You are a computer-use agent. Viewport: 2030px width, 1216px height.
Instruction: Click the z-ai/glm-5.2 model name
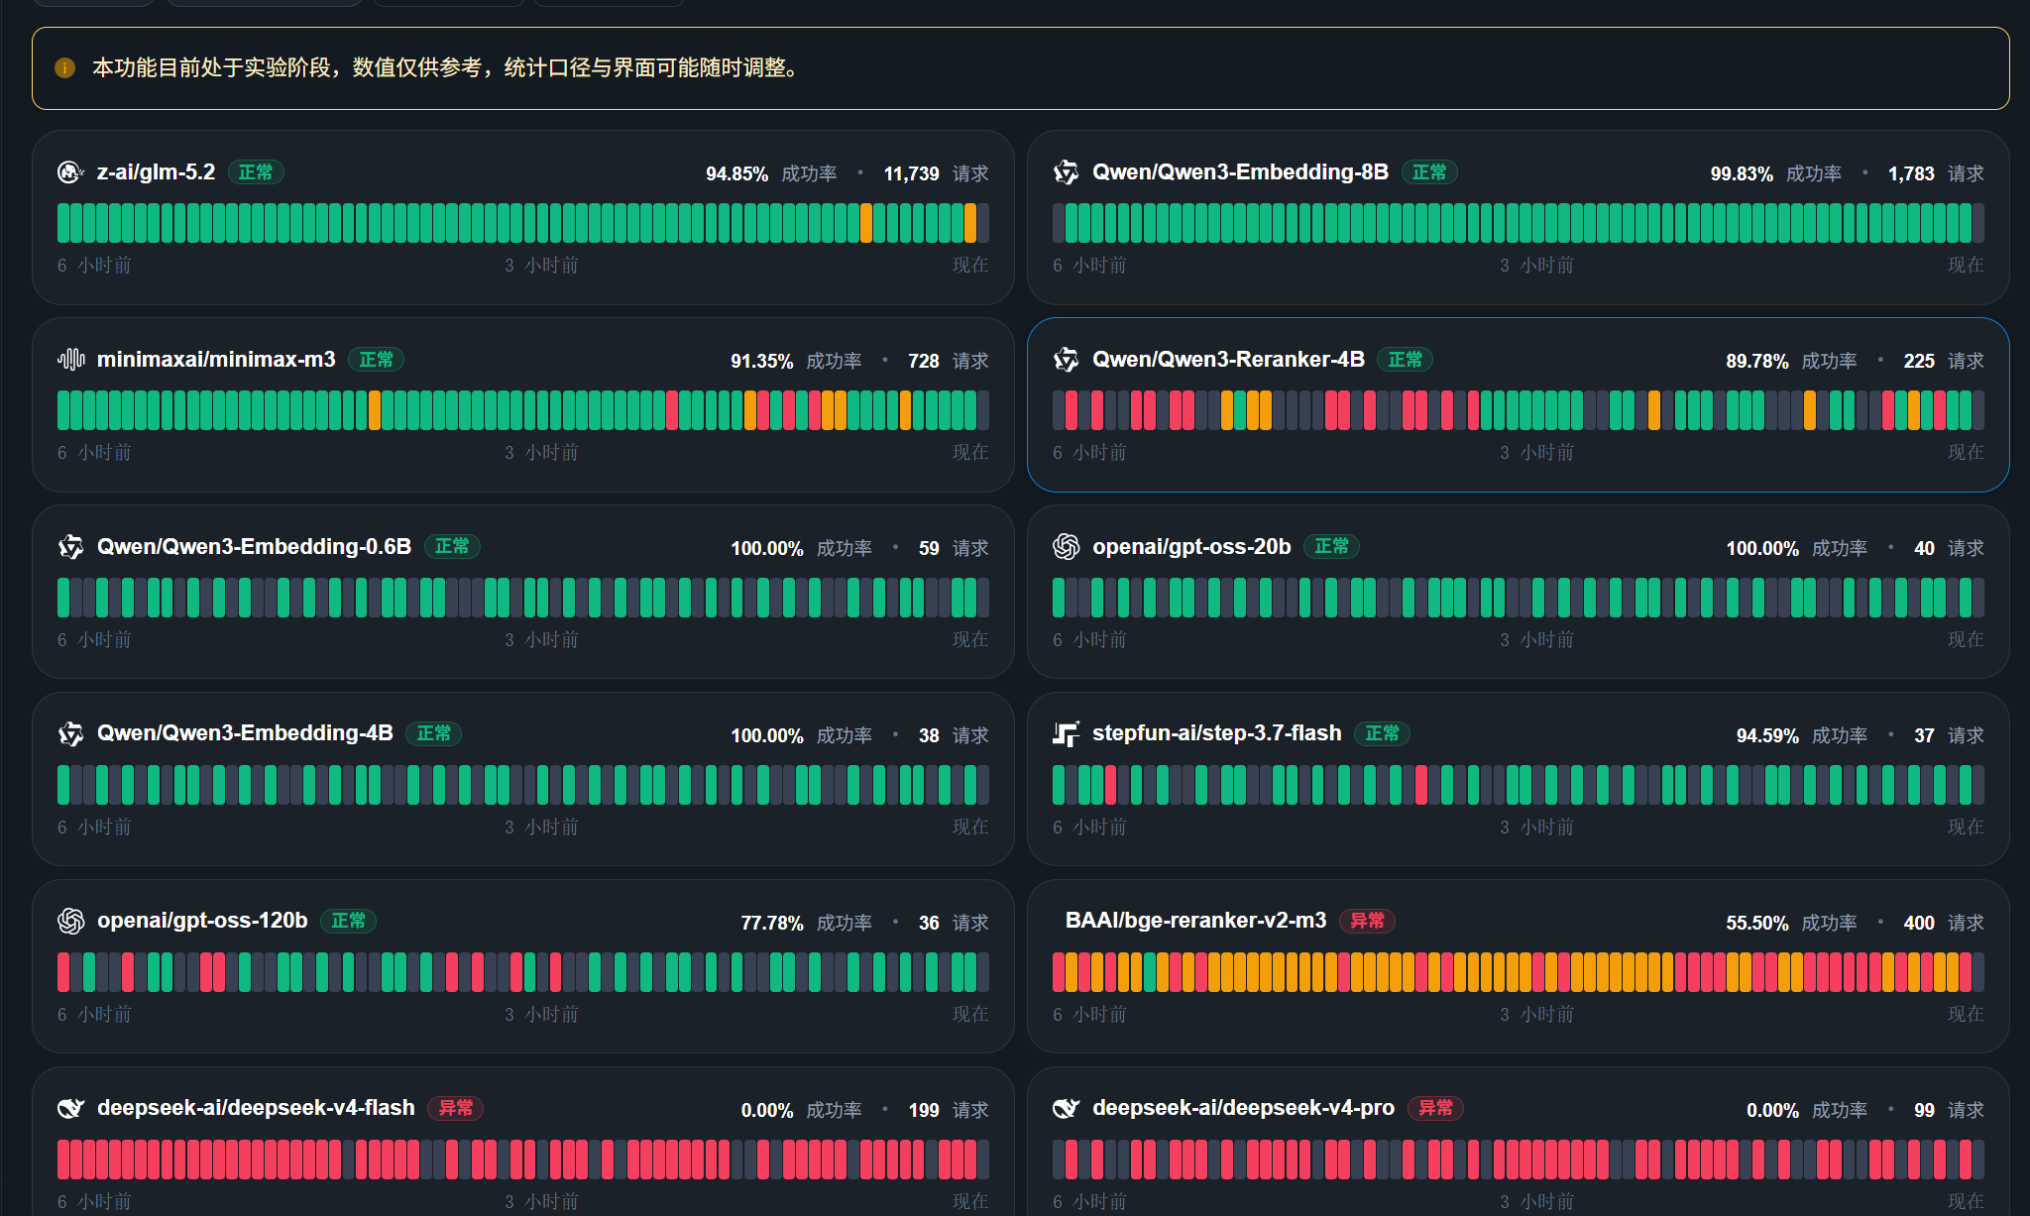tap(156, 172)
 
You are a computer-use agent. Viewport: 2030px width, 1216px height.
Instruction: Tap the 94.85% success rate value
tap(736, 173)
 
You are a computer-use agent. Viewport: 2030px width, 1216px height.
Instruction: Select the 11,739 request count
tap(911, 173)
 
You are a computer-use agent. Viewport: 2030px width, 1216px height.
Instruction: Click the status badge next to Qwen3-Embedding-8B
tap(1428, 172)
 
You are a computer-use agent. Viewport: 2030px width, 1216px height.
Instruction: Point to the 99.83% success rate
tap(1742, 173)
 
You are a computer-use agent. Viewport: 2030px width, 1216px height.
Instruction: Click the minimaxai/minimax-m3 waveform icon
tap(71, 360)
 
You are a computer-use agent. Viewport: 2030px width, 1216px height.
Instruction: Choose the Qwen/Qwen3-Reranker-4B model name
tap(1228, 360)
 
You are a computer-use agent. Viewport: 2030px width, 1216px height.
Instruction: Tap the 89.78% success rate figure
tap(1757, 361)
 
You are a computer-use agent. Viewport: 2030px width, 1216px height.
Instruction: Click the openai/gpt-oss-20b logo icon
tap(1067, 547)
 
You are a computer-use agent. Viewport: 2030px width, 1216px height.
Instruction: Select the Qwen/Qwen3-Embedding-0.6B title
tap(254, 547)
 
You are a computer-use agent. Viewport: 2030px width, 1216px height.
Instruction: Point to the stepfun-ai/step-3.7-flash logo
tap(1067, 734)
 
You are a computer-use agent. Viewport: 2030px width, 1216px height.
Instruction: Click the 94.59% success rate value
tap(1767, 735)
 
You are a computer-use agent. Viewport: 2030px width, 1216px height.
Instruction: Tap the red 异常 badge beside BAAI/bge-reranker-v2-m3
tap(1367, 921)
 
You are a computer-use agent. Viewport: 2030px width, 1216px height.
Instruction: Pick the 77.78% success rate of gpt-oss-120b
tap(772, 923)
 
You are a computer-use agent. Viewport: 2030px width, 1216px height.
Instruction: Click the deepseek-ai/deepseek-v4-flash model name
tap(256, 1108)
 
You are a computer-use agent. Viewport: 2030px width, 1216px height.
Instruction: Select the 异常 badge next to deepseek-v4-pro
tap(1435, 1108)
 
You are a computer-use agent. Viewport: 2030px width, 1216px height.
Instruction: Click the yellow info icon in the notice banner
tap(65, 68)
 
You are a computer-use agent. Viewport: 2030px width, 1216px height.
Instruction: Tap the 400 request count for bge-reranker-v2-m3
tap(1919, 923)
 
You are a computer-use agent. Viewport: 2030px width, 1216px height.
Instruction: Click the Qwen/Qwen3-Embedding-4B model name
tap(245, 733)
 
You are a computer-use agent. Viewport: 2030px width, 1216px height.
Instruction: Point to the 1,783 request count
tap(1911, 173)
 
